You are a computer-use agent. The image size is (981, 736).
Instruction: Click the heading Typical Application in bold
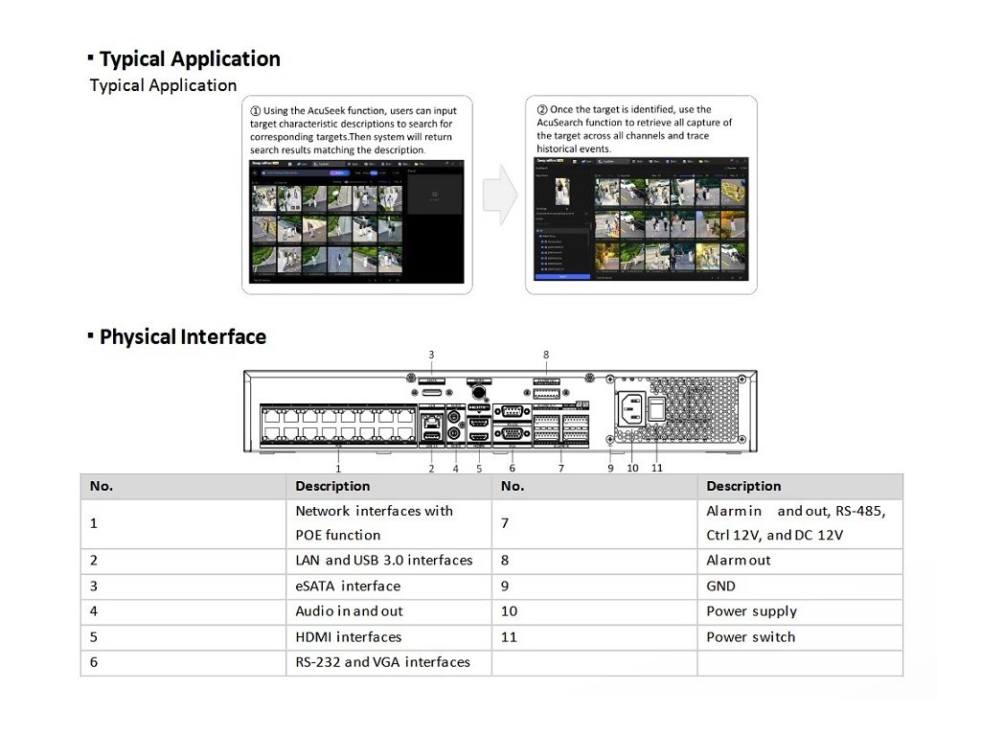[x=190, y=59]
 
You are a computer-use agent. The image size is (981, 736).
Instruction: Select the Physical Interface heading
[x=182, y=337]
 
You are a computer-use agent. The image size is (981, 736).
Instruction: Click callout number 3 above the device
[x=431, y=356]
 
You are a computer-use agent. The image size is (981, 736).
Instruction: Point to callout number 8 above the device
[x=546, y=356]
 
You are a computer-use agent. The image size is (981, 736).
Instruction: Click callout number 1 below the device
[x=338, y=468]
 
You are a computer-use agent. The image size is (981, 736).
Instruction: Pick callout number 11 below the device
[x=656, y=468]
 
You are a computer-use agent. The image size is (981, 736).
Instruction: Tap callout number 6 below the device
[x=513, y=468]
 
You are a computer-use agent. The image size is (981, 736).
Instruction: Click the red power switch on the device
[x=656, y=410]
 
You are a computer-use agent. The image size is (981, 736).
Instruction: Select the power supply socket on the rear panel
[x=628, y=410]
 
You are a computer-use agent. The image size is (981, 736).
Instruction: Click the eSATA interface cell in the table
[x=348, y=586]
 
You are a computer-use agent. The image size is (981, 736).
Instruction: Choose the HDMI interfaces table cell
[x=348, y=636]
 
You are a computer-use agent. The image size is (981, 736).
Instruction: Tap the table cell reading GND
[x=721, y=586]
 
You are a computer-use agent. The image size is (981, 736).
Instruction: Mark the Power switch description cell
[x=751, y=636]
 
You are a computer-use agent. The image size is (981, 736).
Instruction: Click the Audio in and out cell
[x=349, y=611]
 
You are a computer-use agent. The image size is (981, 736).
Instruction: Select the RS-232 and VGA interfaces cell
[x=382, y=661]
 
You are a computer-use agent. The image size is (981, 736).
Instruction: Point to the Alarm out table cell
[x=739, y=560]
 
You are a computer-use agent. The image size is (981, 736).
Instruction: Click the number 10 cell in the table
[x=509, y=611]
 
